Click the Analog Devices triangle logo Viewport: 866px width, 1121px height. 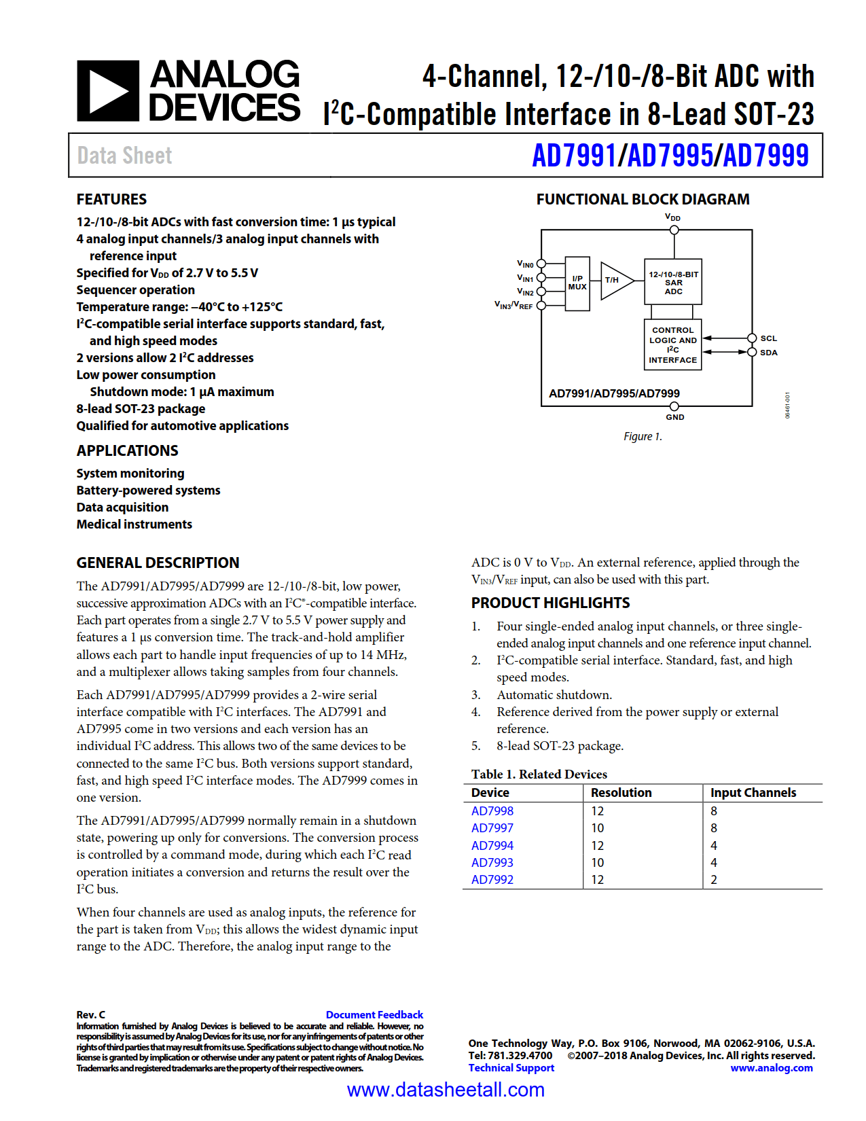(108, 91)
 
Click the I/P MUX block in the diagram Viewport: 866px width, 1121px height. (577, 283)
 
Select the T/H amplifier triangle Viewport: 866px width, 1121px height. (614, 280)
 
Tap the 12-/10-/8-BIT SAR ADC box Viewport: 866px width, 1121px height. (673, 282)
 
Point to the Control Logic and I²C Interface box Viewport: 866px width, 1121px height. (672, 345)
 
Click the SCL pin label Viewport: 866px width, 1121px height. (768, 338)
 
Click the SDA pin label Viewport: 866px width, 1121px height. (768, 353)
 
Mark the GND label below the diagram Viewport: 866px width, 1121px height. (674, 417)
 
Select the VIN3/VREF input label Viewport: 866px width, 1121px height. (513, 306)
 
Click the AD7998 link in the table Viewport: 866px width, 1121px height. (492, 811)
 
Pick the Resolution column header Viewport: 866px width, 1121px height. (621, 793)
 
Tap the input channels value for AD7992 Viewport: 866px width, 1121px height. (714, 880)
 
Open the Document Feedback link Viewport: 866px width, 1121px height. (374, 1014)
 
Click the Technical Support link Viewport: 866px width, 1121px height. (511, 1068)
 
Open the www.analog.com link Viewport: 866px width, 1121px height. (771, 1068)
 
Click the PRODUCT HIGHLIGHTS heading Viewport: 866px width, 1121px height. (550, 603)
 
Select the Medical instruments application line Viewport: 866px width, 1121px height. (134, 524)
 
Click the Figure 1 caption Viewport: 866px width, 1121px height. (642, 436)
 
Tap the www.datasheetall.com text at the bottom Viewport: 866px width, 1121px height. (446, 1090)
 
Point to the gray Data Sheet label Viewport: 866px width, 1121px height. (124, 156)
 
